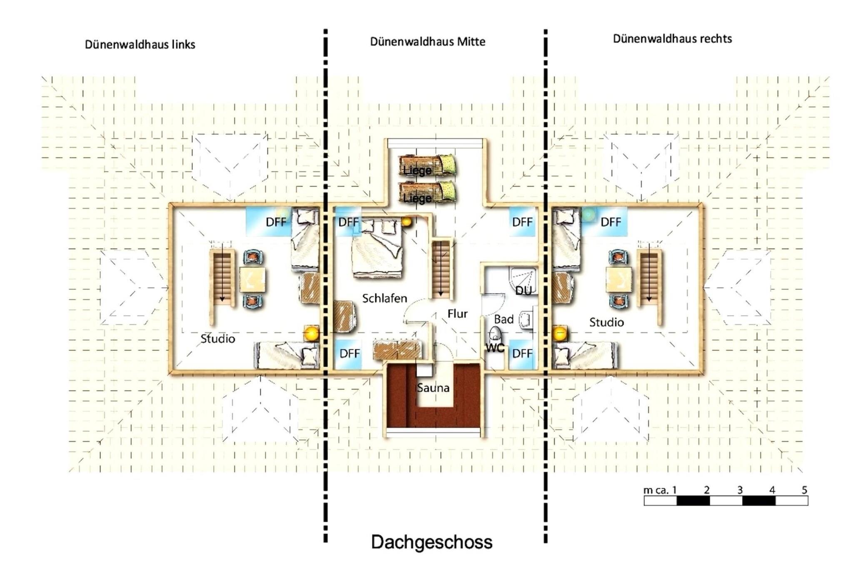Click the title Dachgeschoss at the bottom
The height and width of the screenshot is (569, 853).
[431, 542]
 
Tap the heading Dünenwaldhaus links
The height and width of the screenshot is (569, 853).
[140, 45]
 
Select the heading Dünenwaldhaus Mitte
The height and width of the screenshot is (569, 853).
[428, 42]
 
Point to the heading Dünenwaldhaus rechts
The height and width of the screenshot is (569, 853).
[672, 39]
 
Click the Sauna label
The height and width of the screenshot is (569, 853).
[433, 388]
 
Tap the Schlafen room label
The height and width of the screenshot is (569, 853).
[384, 298]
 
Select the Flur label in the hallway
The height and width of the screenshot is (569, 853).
[457, 313]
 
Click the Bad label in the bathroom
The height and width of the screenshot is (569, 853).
[504, 319]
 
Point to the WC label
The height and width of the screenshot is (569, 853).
[495, 348]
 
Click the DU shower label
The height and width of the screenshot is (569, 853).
[524, 291]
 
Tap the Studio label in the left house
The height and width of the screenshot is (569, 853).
[218, 338]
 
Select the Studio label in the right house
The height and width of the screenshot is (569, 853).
[606, 322]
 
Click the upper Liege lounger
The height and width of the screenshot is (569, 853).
[427, 165]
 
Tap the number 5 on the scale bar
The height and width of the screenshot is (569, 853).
[804, 490]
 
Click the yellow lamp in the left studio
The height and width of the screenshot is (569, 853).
[311, 333]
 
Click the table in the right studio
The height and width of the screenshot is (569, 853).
[619, 279]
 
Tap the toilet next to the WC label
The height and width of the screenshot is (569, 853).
[495, 334]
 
